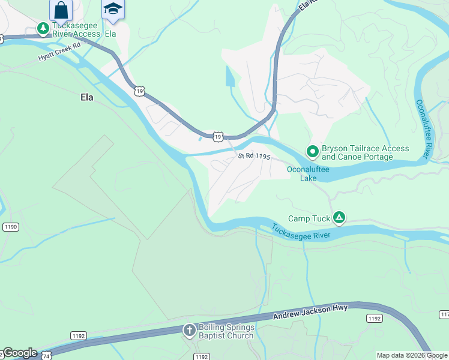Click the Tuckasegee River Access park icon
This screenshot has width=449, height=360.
point(43,28)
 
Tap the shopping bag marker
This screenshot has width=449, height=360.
point(61,10)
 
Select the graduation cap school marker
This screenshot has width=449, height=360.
point(112,10)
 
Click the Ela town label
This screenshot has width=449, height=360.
point(87,97)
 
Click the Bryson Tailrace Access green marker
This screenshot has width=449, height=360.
point(312,152)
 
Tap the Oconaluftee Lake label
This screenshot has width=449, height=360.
point(308,173)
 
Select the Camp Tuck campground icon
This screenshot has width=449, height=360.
point(339,218)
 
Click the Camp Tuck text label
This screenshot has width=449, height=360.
point(309,219)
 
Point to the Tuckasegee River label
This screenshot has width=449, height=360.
point(300,232)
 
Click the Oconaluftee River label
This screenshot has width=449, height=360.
point(424,128)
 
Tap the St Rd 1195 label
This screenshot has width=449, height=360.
point(255,156)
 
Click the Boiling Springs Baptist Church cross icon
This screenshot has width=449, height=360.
point(190,331)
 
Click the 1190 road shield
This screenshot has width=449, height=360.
point(10,227)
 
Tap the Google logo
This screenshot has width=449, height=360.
point(19,353)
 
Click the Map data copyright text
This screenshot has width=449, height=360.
point(412,355)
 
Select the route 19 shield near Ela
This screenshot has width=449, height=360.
point(139,91)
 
